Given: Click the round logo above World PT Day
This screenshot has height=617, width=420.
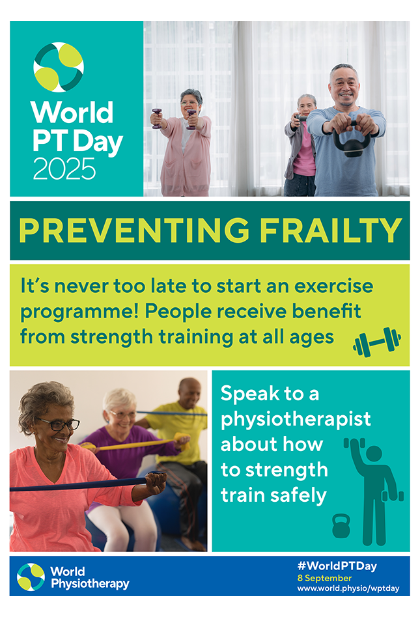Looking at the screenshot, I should [59, 67].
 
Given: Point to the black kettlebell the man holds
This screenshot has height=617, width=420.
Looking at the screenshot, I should [352, 143].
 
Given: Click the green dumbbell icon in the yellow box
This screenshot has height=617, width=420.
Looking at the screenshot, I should [377, 342].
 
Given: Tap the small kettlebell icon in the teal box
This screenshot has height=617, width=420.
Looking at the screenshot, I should [341, 526].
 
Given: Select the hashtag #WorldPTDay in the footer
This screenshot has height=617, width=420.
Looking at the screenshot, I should [337, 566].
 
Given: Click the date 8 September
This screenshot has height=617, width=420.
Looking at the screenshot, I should [324, 577].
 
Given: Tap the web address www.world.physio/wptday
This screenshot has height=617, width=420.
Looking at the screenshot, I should [348, 588].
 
